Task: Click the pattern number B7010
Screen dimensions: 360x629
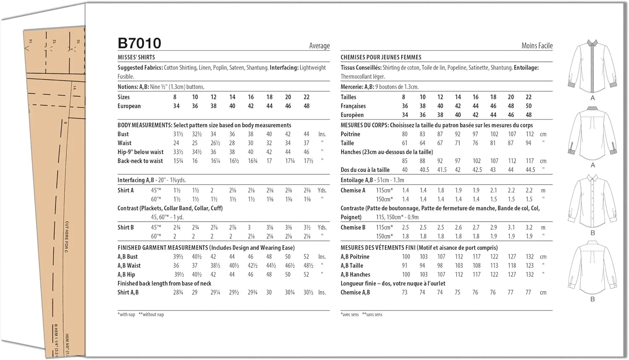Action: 139,43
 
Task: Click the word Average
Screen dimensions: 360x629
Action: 319,46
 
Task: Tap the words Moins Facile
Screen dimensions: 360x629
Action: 537,46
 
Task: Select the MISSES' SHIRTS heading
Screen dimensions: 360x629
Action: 136,57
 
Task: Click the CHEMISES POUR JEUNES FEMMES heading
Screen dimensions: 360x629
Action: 381,57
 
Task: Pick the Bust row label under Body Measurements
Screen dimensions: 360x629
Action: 123,134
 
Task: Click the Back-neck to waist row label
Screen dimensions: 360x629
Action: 140,161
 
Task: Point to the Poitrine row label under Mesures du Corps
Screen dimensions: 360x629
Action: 350,134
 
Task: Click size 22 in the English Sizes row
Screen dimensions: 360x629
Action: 307,97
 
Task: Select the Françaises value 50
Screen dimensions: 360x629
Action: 528,106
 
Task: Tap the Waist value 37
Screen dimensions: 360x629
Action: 307,143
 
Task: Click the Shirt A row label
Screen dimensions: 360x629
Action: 125,190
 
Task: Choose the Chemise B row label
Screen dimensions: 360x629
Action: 353,227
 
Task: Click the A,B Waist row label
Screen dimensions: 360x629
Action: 129,266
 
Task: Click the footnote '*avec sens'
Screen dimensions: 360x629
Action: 350,314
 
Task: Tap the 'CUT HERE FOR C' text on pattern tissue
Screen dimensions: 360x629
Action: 67,237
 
